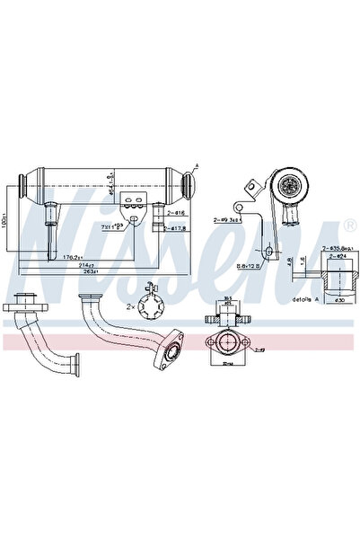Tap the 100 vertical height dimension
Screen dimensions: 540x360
point(8,220)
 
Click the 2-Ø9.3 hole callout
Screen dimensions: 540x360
point(227,217)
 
